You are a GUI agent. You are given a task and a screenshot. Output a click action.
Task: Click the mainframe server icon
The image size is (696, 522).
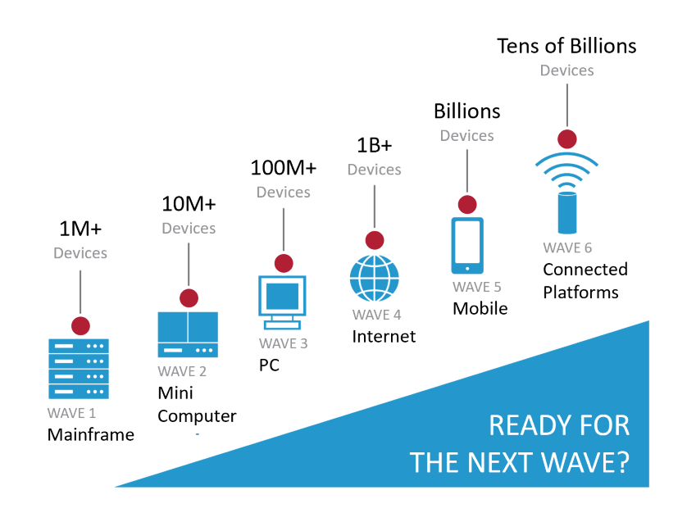pyautogui.click(x=79, y=369)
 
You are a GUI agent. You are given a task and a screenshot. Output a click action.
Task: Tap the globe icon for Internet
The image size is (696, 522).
pyautogui.click(x=374, y=279)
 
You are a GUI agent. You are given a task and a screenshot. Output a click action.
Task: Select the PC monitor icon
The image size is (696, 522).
pyautogui.click(x=282, y=302)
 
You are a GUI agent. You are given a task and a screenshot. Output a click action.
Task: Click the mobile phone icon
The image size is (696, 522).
pyautogui.click(x=467, y=246)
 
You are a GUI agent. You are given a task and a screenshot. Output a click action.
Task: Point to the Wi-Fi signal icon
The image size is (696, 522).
pyautogui.click(x=566, y=170)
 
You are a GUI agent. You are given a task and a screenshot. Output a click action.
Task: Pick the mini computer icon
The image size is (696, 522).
pyautogui.click(x=188, y=334)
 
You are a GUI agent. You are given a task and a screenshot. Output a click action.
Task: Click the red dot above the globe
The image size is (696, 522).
pyautogui.click(x=375, y=240)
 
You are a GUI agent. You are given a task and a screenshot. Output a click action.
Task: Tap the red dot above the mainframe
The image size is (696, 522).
pyautogui.click(x=80, y=326)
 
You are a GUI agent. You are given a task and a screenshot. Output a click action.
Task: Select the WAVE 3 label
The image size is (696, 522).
pyautogui.click(x=283, y=343)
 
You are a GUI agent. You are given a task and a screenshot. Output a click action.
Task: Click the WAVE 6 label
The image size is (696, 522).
pyautogui.click(x=567, y=247)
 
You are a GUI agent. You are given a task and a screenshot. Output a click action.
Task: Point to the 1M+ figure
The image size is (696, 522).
pyautogui.click(x=80, y=229)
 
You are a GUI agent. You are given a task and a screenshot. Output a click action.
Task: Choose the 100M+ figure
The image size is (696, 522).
pyautogui.click(x=283, y=168)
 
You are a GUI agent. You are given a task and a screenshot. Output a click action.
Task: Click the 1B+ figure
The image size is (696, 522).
pyautogui.click(x=374, y=145)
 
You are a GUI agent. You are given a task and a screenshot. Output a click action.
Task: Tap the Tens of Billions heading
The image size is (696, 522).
pyautogui.click(x=566, y=46)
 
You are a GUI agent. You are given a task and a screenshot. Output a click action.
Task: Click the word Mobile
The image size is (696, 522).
pyautogui.click(x=480, y=308)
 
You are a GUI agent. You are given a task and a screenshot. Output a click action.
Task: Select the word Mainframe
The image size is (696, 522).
pyautogui.click(x=90, y=434)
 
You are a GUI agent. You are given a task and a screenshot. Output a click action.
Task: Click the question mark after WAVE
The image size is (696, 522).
pyautogui.click(x=623, y=462)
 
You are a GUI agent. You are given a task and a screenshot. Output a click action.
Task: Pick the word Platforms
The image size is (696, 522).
pyautogui.click(x=580, y=293)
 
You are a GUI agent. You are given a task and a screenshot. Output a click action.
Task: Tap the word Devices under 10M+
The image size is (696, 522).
pyautogui.click(x=189, y=228)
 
